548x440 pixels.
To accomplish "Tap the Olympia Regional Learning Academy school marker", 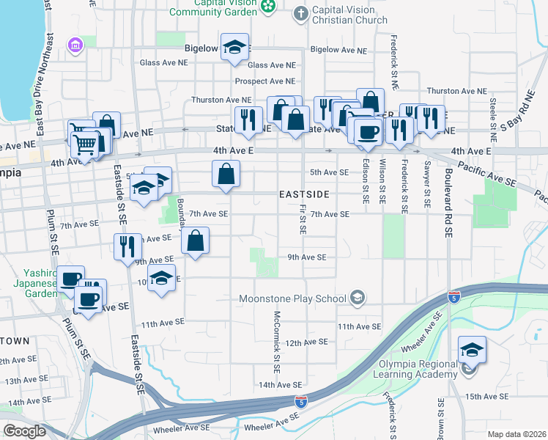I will click(473, 351).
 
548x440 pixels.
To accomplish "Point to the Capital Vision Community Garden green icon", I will click(268, 7).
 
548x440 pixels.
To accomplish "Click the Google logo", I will click(24, 431).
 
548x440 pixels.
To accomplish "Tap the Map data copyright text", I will click(517, 434).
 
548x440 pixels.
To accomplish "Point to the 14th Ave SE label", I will click(280, 384).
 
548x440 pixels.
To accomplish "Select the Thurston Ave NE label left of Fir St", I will click(221, 99).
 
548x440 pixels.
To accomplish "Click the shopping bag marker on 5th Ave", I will click(226, 175).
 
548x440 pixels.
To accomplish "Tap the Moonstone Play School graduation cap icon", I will click(358, 297).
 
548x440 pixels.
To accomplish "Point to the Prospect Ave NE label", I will click(264, 81).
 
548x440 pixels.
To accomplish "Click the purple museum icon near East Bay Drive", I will click(74, 45).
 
